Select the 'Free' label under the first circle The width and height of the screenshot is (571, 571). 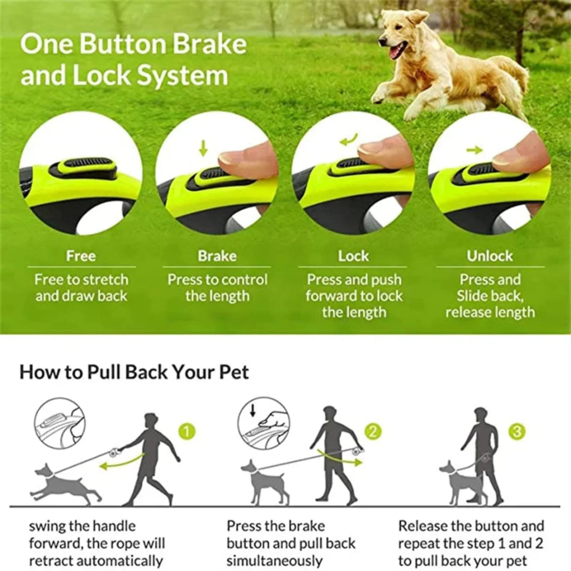pyautogui.click(x=80, y=256)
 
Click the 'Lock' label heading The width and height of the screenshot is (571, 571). pyautogui.click(x=353, y=256)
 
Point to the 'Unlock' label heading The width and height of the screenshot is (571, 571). pyautogui.click(x=490, y=256)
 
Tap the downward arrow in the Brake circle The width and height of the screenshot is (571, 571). pyautogui.click(x=203, y=148)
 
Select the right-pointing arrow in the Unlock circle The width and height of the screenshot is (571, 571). pyautogui.click(x=475, y=150)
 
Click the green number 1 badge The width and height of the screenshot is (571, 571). pyautogui.click(x=187, y=431)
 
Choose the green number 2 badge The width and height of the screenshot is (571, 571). pyautogui.click(x=373, y=431)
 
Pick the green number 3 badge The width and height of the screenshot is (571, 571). pyautogui.click(x=518, y=431)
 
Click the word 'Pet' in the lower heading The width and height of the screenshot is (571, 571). pyautogui.click(x=234, y=372)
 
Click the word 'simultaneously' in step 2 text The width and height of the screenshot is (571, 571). pyautogui.click(x=274, y=561)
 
